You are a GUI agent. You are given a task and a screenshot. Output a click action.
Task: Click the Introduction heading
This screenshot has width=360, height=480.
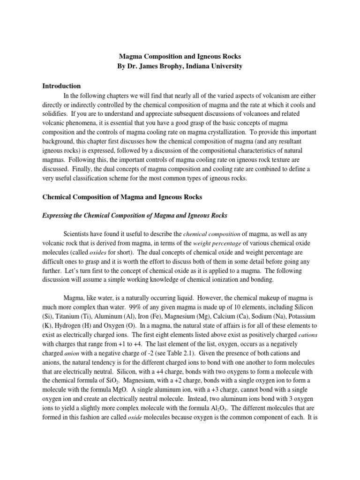coord(61,86)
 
